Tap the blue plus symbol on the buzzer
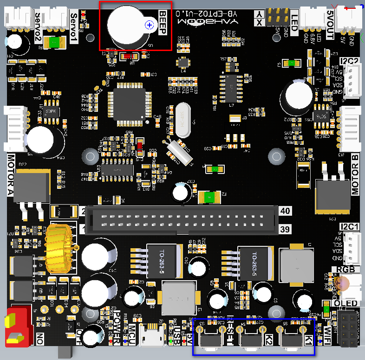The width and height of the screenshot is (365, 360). (x=150, y=25)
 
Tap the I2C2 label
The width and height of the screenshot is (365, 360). (x=349, y=61)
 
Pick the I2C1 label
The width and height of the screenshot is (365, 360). (x=349, y=227)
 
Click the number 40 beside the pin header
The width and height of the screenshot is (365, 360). (x=285, y=211)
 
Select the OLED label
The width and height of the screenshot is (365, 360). (x=346, y=303)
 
